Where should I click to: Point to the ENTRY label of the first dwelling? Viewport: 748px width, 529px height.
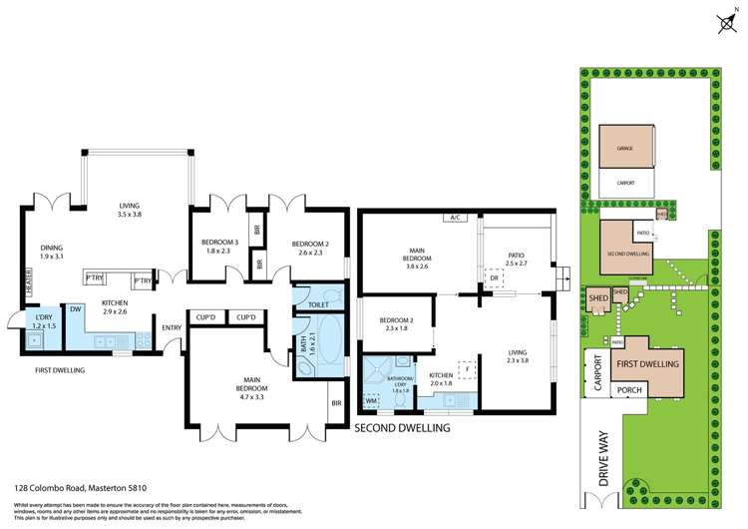(x=172, y=327)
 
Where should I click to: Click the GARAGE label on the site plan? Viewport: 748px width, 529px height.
(x=624, y=148)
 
